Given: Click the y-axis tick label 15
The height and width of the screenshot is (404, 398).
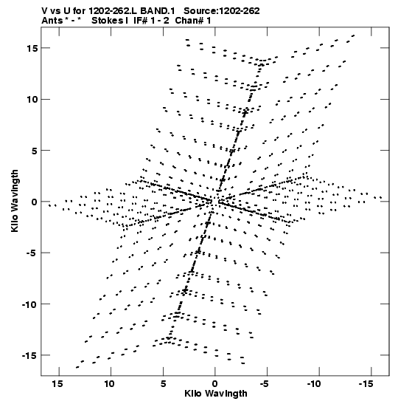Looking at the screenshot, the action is coord(32,48).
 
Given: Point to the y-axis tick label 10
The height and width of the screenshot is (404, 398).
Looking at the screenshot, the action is coord(32,100).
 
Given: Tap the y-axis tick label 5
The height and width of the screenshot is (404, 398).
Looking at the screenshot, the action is coord(35,151).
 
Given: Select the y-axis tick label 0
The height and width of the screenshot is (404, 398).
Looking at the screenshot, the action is coord(35,202).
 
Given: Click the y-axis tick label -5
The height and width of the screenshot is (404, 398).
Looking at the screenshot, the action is coord(32,253).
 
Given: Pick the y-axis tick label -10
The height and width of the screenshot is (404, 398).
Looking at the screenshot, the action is coord(29,304).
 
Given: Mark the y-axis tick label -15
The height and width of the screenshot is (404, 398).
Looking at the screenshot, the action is coord(29,355).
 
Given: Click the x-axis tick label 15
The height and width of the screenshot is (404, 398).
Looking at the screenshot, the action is coord(57,384).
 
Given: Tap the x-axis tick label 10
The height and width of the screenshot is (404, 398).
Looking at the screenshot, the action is coord(109,384).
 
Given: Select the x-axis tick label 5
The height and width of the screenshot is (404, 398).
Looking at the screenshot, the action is coord(163,384).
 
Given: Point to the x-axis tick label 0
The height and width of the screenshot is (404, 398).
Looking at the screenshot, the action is coord(215,384).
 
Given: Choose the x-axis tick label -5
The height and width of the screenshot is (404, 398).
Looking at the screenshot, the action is coord(265,384).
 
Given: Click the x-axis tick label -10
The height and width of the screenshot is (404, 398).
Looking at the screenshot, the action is coord(314,384).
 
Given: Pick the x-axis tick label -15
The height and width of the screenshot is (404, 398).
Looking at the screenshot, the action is coord(366,384).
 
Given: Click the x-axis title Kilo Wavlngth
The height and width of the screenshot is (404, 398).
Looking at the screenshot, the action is coord(216,394).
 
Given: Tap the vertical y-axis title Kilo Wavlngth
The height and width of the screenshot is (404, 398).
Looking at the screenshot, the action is coord(15,201).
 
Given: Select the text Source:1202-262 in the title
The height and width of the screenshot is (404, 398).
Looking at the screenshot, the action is coord(222,11).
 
